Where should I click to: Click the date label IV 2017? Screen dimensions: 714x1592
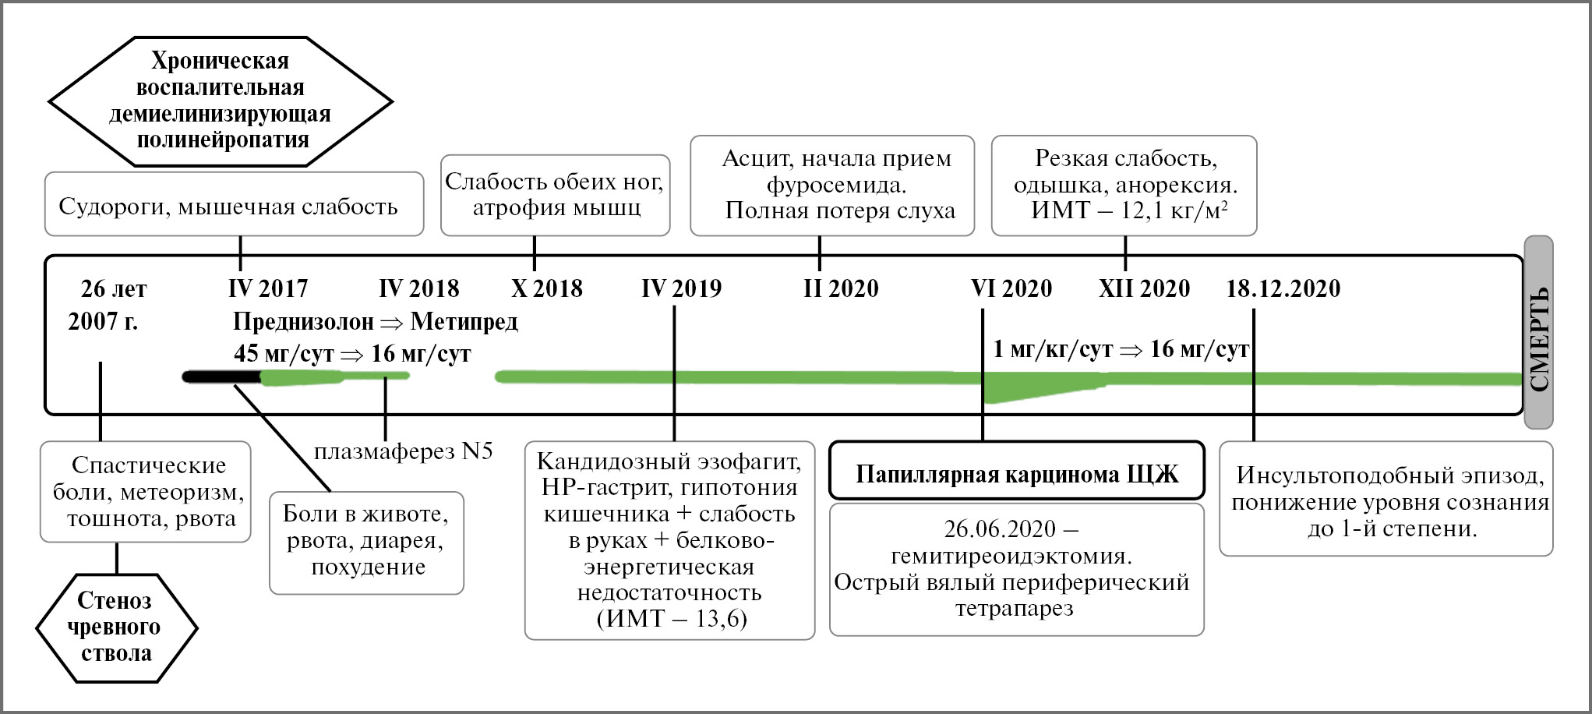268,289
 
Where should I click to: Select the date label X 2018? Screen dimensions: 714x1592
546,289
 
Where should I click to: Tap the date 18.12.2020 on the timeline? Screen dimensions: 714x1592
1283,289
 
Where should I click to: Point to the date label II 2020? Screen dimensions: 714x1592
841,289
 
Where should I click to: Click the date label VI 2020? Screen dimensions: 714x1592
1011,289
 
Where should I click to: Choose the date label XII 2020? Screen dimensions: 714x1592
1144,289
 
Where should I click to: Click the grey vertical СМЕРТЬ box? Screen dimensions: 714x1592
1538,333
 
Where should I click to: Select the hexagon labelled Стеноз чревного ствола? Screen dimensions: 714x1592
116,627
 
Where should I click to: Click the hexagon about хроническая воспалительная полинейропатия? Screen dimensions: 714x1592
221,101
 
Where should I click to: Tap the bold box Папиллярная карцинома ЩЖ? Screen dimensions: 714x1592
1016,473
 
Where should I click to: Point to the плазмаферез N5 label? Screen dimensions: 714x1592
403,451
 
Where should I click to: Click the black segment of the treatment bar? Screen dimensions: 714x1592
221,377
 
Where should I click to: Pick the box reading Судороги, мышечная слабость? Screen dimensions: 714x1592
234,205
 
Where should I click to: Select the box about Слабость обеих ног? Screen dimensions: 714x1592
555,195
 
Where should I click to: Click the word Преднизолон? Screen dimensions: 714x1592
303,322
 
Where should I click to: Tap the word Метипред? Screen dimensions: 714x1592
464,322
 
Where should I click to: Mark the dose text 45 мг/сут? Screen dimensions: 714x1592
284,354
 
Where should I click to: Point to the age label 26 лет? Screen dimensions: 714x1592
114,289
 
